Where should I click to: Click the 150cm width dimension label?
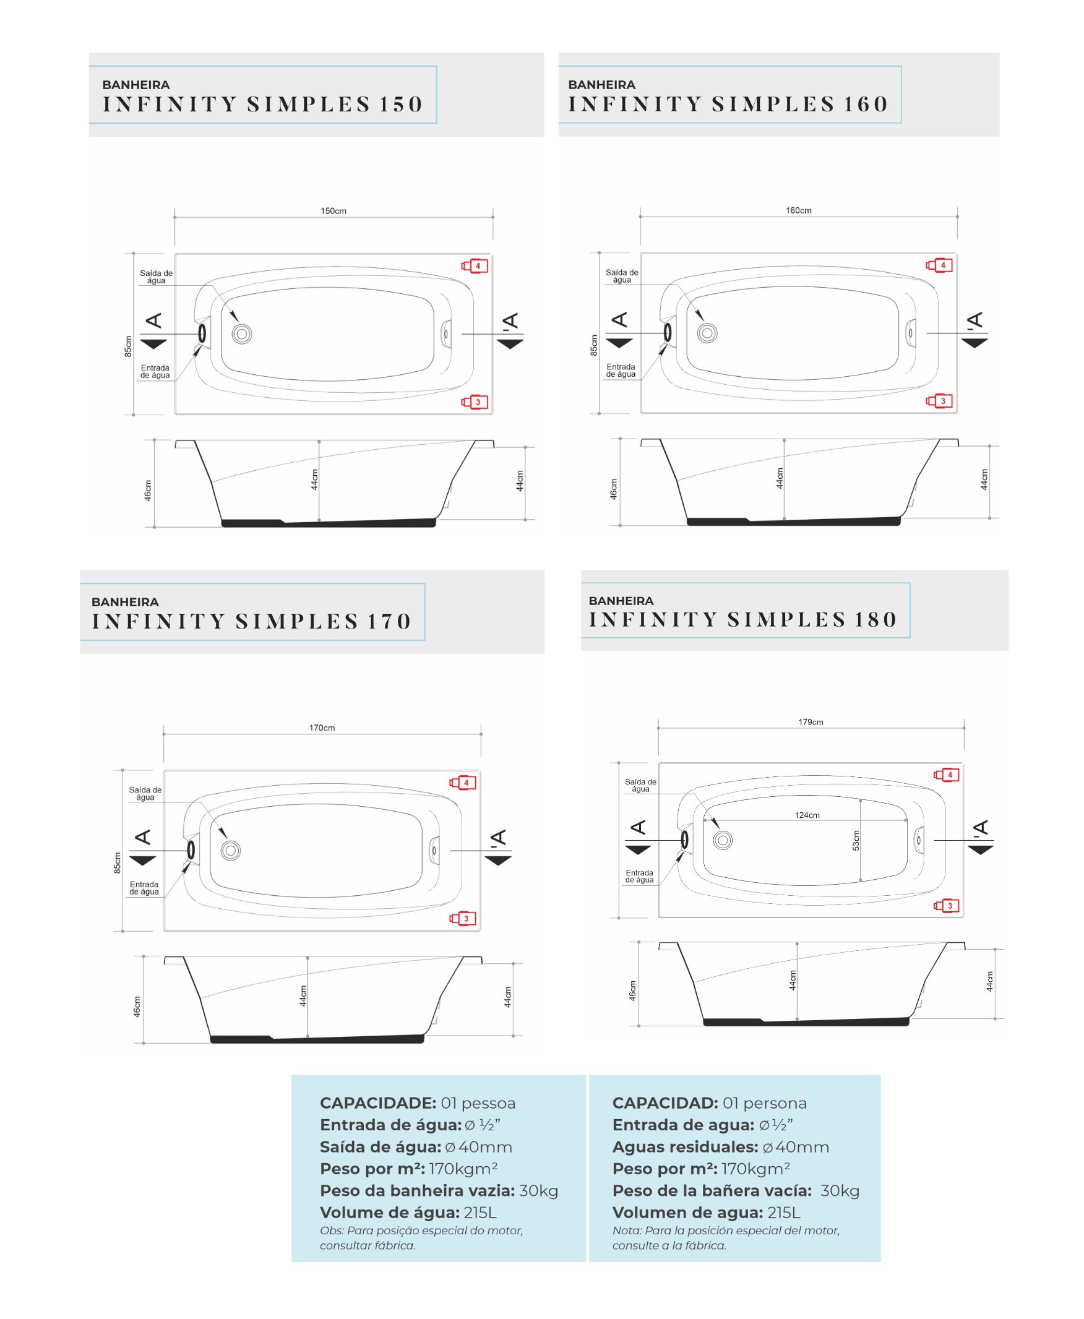click(x=333, y=211)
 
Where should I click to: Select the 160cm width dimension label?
click(x=799, y=210)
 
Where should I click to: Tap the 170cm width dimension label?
click(x=322, y=728)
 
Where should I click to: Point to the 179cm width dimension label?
click(x=811, y=722)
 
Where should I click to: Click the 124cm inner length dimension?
click(x=807, y=815)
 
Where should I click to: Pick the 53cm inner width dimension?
click(x=856, y=840)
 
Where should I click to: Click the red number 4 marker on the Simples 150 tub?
click(x=475, y=266)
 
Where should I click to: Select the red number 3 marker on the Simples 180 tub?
click(x=947, y=906)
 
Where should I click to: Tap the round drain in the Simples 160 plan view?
click(x=707, y=333)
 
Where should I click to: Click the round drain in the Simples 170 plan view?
click(x=230, y=850)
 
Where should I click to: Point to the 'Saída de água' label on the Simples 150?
click(x=156, y=277)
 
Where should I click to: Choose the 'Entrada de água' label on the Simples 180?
click(x=639, y=877)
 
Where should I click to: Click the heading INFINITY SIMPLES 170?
click(x=252, y=621)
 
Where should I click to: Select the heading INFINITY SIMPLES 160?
click(x=728, y=103)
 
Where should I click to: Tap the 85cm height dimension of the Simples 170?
click(x=118, y=862)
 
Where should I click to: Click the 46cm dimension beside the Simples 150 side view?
click(x=148, y=490)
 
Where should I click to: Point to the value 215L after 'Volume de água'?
click(x=480, y=1212)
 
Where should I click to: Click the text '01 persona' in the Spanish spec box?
click(x=765, y=1103)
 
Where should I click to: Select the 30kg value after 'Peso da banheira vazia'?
click(x=539, y=1191)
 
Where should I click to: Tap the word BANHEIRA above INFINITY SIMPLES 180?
click(x=621, y=601)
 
